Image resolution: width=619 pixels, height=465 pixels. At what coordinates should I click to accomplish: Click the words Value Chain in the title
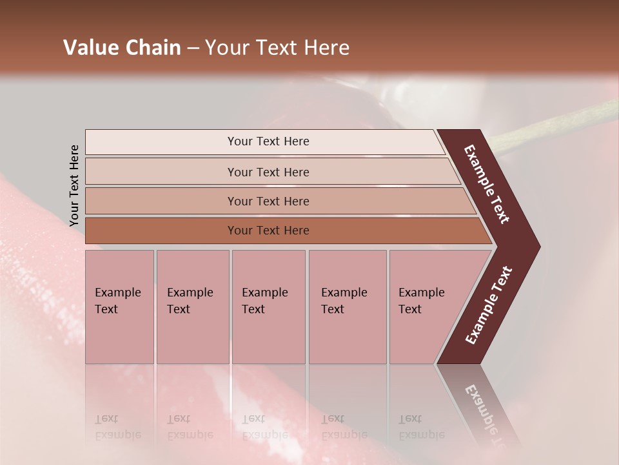click(x=122, y=48)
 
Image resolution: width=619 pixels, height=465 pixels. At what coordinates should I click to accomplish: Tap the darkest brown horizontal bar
click(x=161, y=231)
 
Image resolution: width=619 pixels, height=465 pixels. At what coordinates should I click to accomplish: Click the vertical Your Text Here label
click(x=74, y=186)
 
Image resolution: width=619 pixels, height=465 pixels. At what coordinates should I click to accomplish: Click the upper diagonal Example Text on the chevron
click(x=487, y=184)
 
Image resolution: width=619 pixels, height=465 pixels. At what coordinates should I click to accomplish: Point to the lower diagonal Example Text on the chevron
click(x=489, y=305)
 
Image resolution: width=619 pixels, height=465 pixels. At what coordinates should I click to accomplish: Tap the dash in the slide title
click(x=193, y=48)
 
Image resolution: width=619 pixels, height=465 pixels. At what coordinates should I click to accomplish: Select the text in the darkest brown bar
click(x=268, y=231)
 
